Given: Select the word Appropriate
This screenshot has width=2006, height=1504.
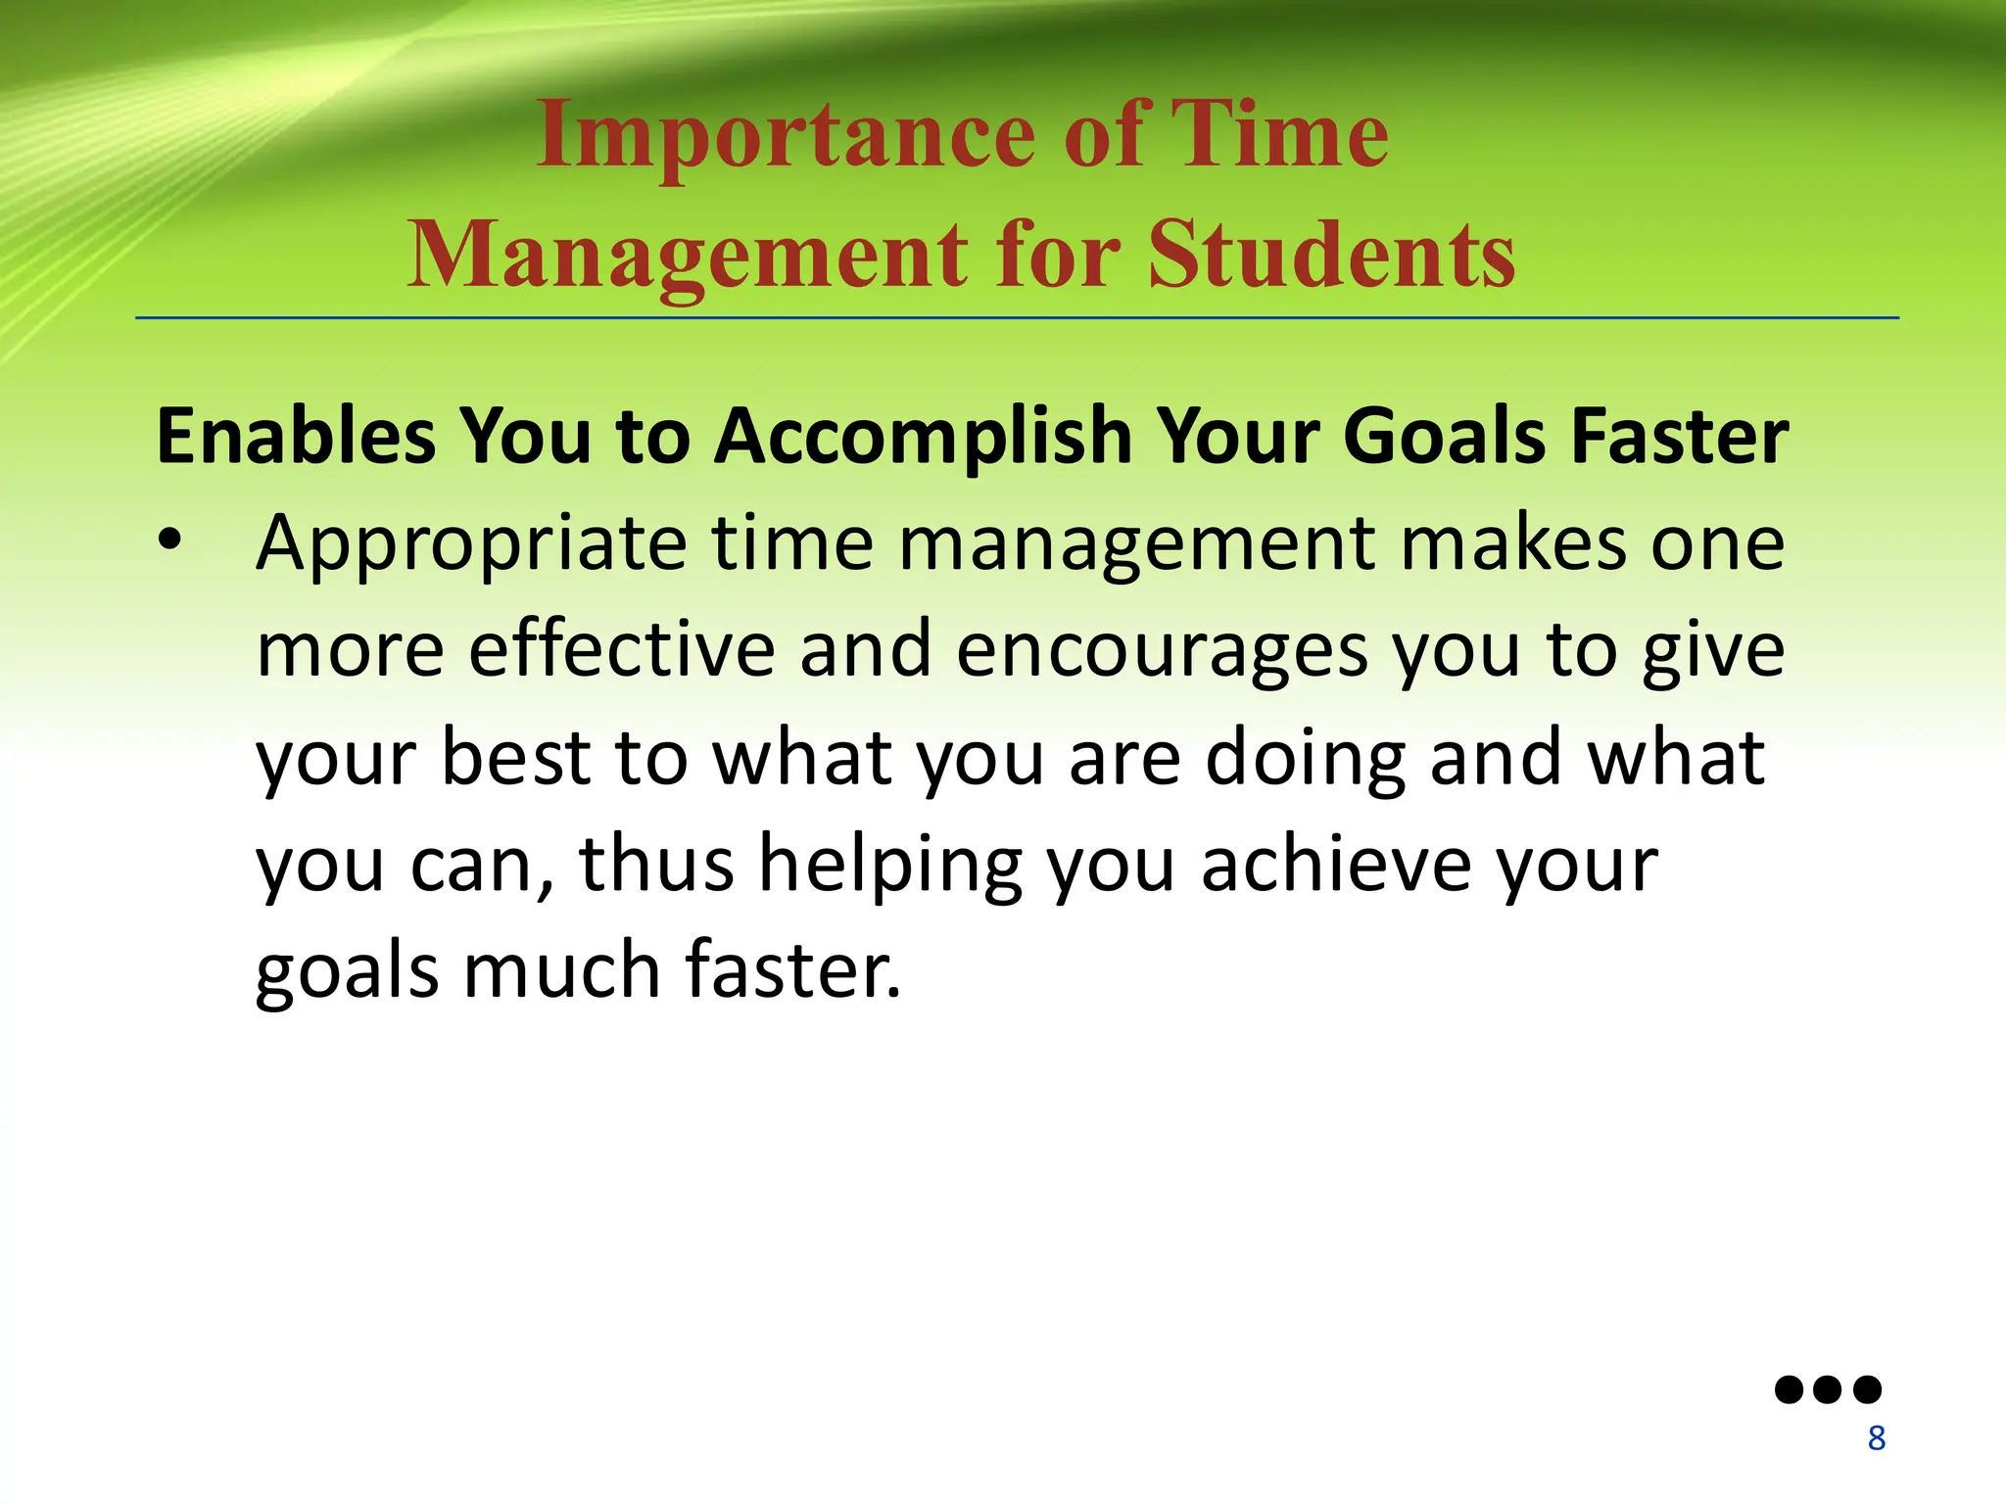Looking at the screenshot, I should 471,544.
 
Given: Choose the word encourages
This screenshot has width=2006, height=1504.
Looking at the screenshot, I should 1162,652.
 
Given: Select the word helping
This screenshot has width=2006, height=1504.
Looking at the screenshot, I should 890,866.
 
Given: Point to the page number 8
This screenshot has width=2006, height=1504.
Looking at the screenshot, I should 1876,1438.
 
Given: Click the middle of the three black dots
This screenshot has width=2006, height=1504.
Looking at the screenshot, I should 1828,1389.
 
